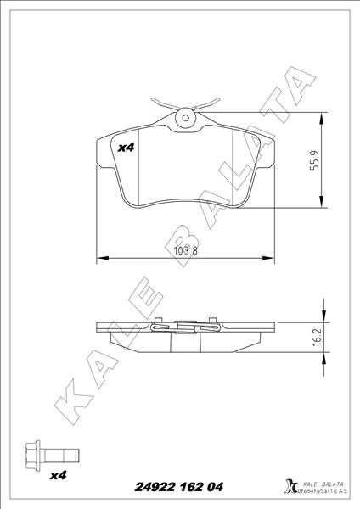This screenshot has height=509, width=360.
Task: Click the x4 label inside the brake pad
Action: (126, 148)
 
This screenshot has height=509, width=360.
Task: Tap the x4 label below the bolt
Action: (59, 476)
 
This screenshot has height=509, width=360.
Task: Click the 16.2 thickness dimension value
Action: (316, 337)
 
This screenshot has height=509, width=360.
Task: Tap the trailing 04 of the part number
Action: (217, 487)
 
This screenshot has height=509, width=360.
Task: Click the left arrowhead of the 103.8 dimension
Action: (103, 258)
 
